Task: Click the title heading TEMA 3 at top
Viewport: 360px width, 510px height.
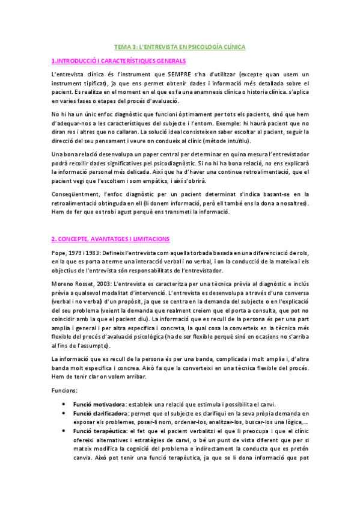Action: (180, 46)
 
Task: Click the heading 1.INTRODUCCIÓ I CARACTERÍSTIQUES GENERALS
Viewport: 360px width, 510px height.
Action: (119, 61)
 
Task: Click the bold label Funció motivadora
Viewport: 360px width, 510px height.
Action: (99, 404)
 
